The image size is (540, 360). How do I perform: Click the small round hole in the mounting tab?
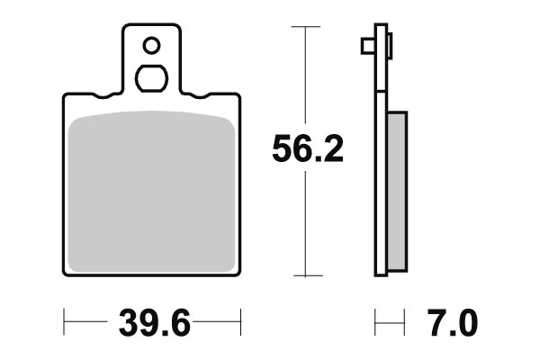151,43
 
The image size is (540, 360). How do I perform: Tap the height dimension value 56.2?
308,150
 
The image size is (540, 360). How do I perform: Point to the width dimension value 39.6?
152,321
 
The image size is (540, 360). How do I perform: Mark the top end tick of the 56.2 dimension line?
308,28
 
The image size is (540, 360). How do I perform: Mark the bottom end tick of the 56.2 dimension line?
308,275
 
